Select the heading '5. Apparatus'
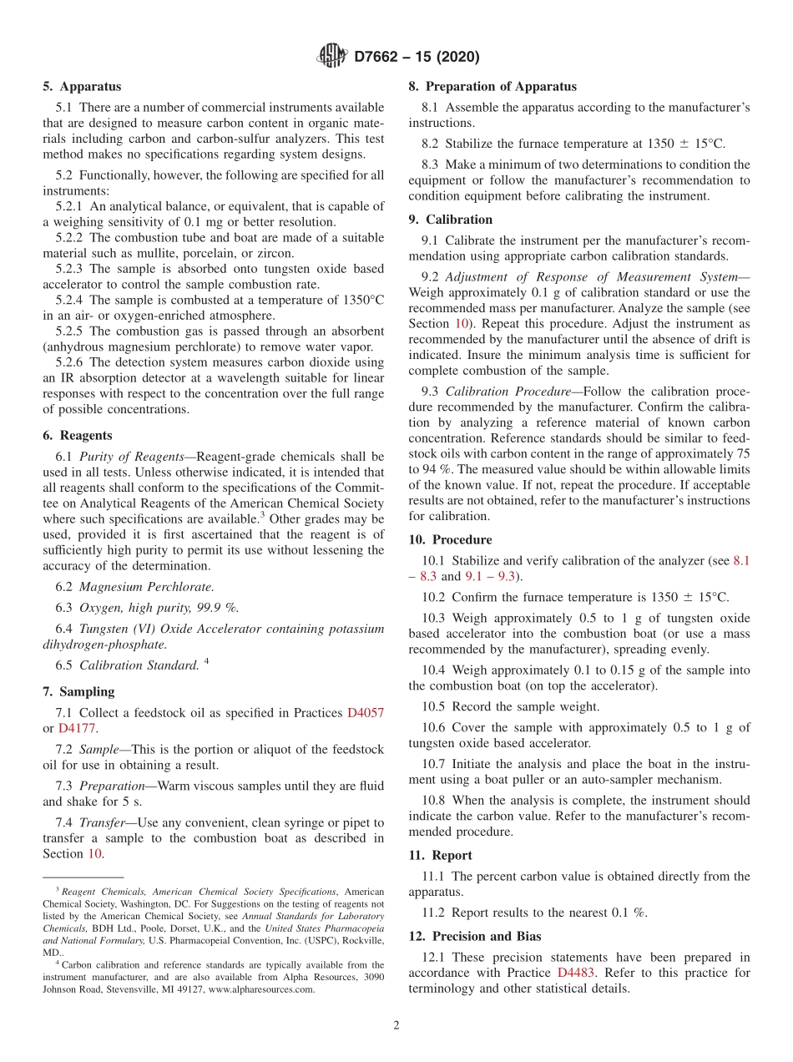(x=82, y=86)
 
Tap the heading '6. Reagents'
(x=78, y=435)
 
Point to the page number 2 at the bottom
(x=396, y=1026)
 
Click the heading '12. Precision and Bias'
(x=474, y=936)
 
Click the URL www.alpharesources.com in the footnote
(x=261, y=989)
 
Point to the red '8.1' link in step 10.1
(x=740, y=561)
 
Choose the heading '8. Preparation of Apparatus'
(x=492, y=86)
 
